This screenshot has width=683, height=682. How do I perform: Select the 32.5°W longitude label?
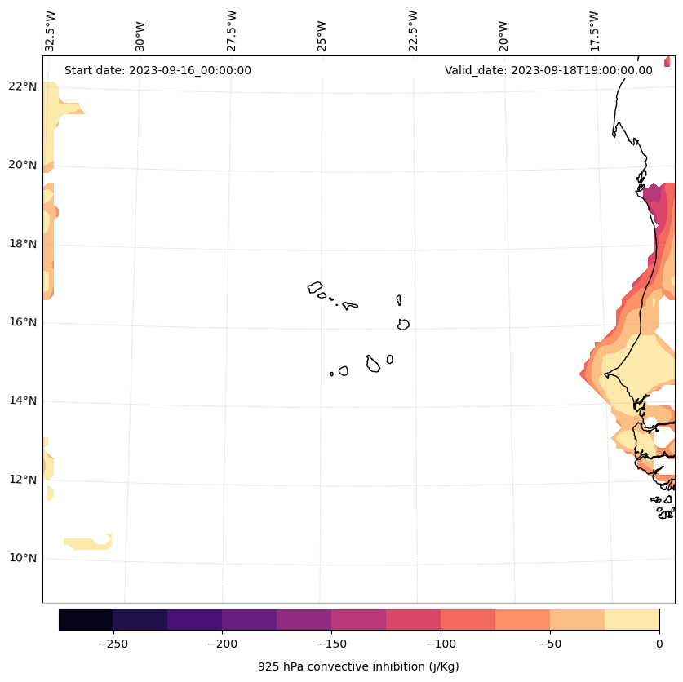point(51,31)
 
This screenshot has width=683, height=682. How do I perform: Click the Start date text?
point(157,70)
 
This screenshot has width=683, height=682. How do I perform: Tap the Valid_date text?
point(548,70)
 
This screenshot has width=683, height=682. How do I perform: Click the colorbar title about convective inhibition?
point(358,666)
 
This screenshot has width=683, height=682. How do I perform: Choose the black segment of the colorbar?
point(86,619)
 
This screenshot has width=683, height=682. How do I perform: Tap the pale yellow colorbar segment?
point(632,619)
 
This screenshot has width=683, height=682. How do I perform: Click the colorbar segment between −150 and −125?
point(358,619)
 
